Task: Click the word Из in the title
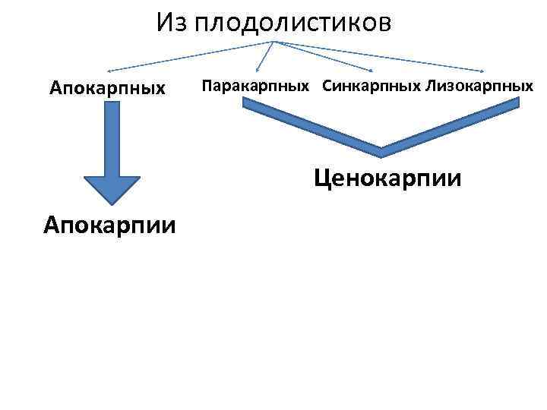172,23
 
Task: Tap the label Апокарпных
108,88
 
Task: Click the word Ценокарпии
388,178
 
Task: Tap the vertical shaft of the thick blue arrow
112,137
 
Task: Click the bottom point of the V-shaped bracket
381,148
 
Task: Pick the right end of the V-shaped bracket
517,109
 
